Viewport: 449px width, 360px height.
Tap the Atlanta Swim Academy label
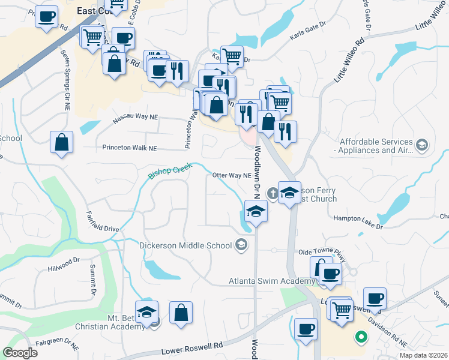click(x=272, y=281)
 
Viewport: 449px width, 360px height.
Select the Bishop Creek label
click(x=169, y=172)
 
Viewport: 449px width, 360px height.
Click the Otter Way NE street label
click(x=232, y=176)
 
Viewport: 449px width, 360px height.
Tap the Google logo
click(x=20, y=353)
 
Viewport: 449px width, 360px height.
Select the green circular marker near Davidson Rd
click(x=361, y=337)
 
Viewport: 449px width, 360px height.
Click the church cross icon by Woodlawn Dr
click(x=273, y=193)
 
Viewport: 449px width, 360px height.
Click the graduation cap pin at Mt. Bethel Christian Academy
click(x=146, y=312)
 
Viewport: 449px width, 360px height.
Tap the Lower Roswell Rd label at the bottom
click(x=192, y=349)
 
